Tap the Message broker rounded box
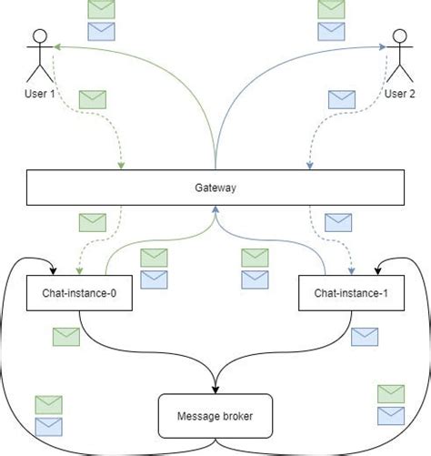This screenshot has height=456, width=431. point(215,417)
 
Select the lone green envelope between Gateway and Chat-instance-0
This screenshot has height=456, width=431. point(93,221)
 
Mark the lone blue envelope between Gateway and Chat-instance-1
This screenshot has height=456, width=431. point(338,221)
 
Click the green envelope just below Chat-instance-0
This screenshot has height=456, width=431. point(66,336)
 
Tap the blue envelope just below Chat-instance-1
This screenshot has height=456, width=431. point(365,336)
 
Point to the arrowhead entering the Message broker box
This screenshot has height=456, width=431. point(215,389)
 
